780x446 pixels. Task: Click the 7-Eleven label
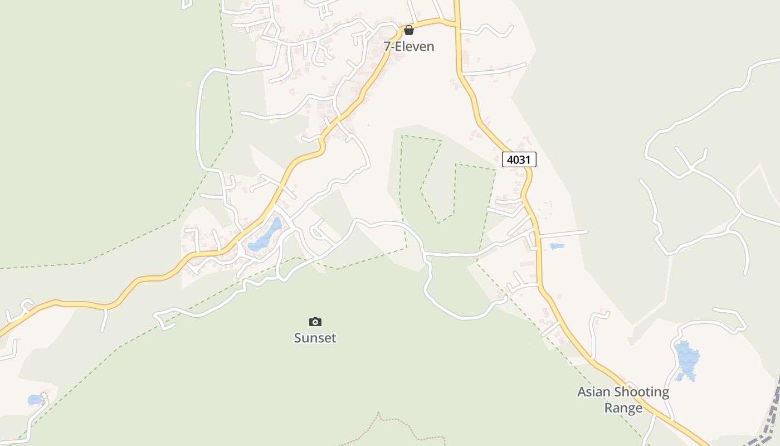tap(409, 47)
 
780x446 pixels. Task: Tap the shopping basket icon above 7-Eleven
tap(409, 30)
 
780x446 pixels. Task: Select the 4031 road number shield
tap(519, 160)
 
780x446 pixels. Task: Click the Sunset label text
tap(315, 338)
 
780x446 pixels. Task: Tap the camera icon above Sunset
tap(315, 322)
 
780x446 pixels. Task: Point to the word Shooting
tap(643, 392)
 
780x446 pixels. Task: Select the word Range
tap(623, 408)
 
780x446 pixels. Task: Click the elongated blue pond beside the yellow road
tap(266, 235)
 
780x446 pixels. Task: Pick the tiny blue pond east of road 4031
tap(557, 246)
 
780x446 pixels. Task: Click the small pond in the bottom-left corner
tap(35, 400)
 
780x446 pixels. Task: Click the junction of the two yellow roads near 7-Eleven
tap(456, 25)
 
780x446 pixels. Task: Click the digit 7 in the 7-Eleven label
tap(387, 47)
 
